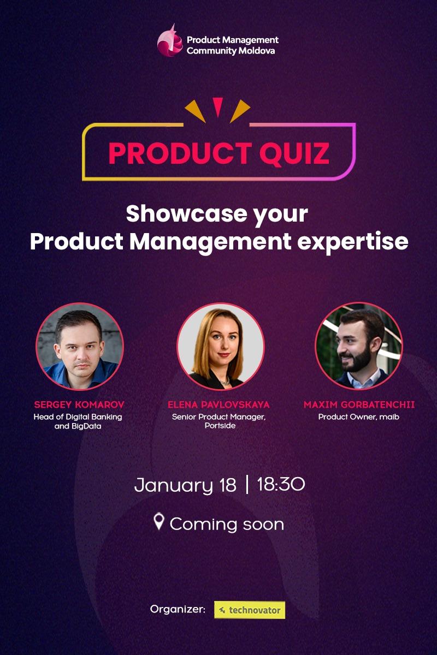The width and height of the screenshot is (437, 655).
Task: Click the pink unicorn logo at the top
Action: tap(170, 41)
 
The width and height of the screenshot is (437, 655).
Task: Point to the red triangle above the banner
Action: tap(218, 106)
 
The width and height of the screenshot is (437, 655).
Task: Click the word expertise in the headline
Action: tap(353, 241)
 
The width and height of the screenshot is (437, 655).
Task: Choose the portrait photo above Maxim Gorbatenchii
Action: tap(359, 345)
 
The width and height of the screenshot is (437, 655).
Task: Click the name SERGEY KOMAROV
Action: tap(79, 405)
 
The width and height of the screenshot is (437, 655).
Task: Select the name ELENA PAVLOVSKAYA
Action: tap(219, 405)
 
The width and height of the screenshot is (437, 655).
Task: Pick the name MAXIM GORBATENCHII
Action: tap(359, 405)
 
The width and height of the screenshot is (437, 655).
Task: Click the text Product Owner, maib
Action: tap(359, 417)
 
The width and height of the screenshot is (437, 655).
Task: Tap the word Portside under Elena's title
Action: tap(220, 426)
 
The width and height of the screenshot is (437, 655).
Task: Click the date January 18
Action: tap(185, 485)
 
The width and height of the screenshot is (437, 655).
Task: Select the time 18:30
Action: tap(281, 484)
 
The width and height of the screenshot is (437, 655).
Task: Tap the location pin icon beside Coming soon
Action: tap(159, 522)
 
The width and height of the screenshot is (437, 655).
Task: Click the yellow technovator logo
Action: tap(250, 610)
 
